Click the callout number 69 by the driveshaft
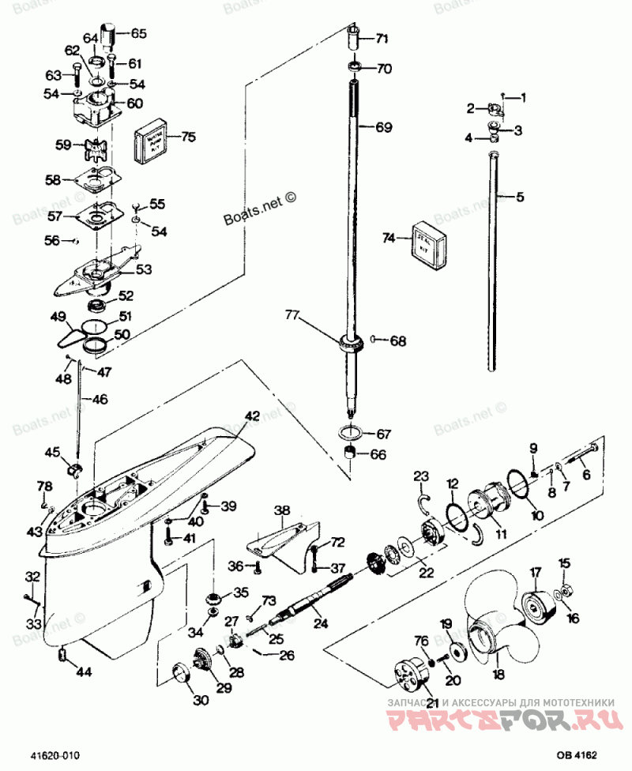[x=383, y=127]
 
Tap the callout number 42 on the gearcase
[x=251, y=416]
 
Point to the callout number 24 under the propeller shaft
[x=321, y=623]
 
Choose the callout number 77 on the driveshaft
[x=292, y=316]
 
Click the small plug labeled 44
[x=62, y=654]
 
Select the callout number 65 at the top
[x=138, y=33]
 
